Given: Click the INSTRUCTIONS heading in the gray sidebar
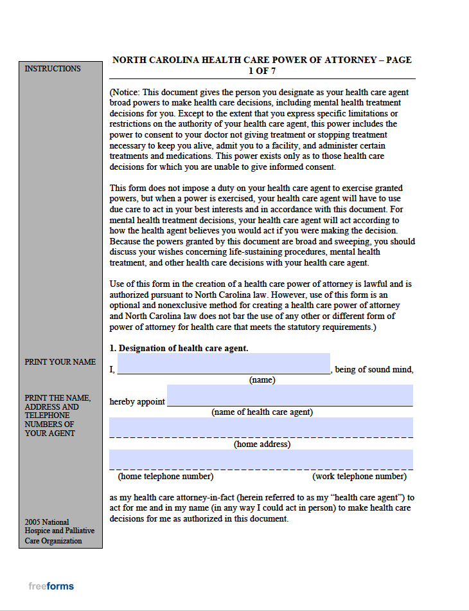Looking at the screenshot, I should click(x=53, y=69).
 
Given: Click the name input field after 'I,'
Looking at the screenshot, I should click(x=223, y=363).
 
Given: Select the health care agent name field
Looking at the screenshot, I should click(x=290, y=395).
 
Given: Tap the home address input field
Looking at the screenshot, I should click(x=261, y=427).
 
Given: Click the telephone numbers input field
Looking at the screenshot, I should click(x=261, y=459).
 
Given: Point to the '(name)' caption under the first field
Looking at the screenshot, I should click(x=262, y=380).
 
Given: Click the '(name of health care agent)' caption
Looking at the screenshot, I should click(x=262, y=412).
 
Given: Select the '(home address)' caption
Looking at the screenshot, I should click(x=262, y=444).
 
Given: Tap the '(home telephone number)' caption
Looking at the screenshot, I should click(x=166, y=477).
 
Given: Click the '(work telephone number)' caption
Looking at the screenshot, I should click(x=359, y=477).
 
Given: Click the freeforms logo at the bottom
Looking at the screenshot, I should click(x=51, y=586).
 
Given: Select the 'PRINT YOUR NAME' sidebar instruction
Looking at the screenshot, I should click(x=60, y=362).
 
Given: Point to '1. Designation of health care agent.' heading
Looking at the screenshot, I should click(x=179, y=348).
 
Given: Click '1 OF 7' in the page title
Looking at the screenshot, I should click(x=262, y=71).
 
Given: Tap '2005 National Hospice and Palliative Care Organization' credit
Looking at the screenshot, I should click(x=60, y=531).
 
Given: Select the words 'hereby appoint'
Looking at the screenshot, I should click(x=137, y=401).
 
